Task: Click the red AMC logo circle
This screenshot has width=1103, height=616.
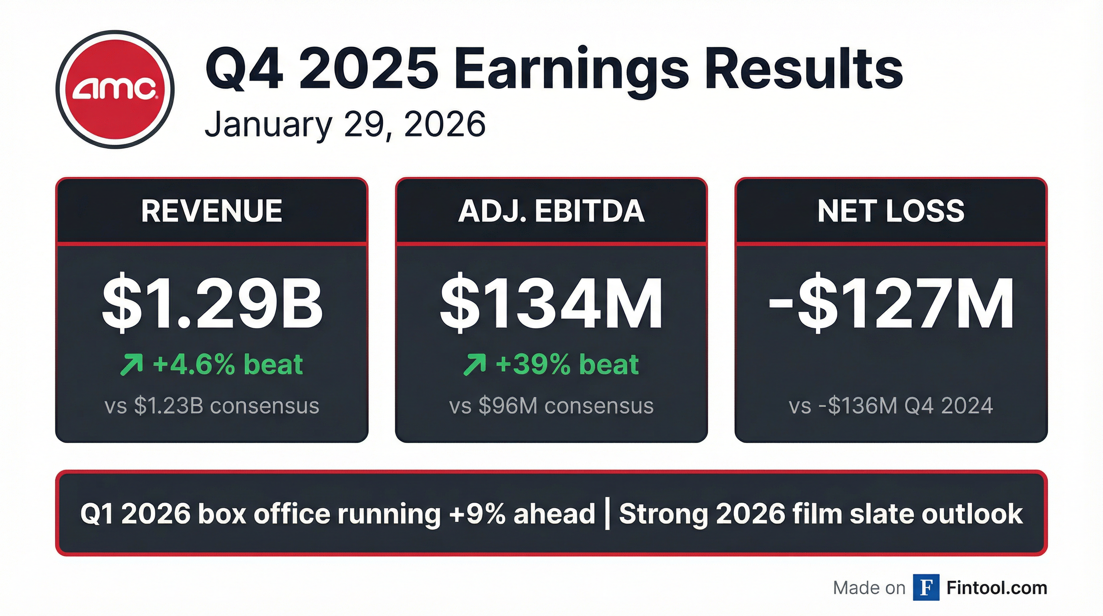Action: click(x=115, y=89)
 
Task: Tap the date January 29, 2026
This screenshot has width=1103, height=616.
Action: click(x=345, y=124)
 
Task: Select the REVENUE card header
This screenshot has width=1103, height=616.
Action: click(x=212, y=211)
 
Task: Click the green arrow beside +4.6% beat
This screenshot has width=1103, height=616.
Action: click(x=131, y=365)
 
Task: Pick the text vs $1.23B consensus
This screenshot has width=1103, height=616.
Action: click(x=212, y=406)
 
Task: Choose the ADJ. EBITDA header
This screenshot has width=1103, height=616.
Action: click(x=551, y=211)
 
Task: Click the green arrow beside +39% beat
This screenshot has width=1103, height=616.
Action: click(x=475, y=365)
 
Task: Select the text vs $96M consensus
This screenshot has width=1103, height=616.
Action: click(x=551, y=406)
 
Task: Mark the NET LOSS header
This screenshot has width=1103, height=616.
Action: click(x=891, y=211)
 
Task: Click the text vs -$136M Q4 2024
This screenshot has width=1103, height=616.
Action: click(x=891, y=406)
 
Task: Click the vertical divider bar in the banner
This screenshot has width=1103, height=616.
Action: click(x=607, y=514)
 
